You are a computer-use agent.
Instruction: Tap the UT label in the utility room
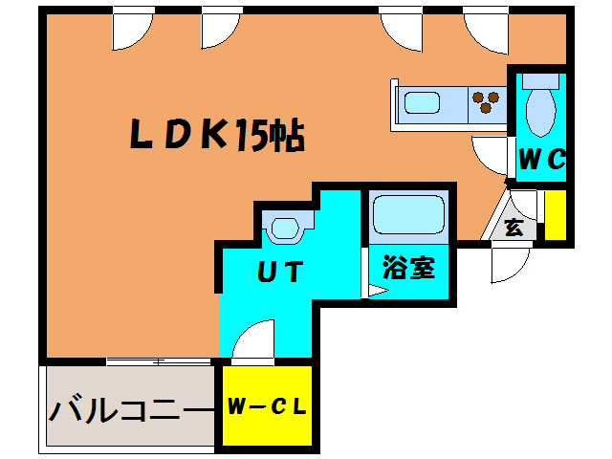[280, 272]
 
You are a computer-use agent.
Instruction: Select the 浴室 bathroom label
[409, 268]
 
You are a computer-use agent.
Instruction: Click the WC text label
[541, 160]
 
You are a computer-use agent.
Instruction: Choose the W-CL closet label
[267, 405]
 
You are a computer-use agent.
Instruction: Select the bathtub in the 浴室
[408, 215]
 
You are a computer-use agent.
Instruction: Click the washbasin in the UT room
[285, 229]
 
